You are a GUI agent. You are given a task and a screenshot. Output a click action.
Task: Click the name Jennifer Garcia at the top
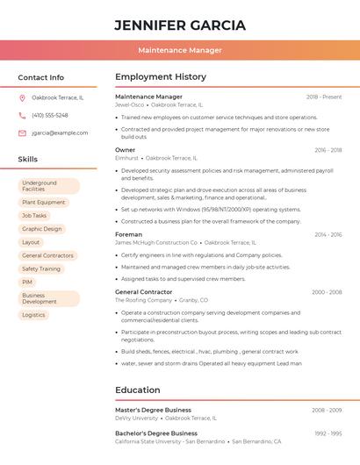180,25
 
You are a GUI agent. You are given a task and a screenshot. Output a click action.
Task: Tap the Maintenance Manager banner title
180,50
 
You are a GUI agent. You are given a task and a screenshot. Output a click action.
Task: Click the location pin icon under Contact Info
22,97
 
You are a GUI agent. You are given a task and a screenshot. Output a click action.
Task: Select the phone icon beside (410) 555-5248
22,115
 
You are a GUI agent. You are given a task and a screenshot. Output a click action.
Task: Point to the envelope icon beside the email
22,133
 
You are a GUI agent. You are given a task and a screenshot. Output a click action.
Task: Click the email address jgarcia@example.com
60,133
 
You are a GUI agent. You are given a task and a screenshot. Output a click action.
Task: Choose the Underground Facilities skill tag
48,186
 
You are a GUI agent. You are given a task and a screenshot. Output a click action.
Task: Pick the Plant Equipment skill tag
44,203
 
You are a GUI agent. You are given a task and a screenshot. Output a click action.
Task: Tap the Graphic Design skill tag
42,229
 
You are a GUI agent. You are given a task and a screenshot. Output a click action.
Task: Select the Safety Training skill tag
41,268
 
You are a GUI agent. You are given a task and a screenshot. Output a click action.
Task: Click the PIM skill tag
27,282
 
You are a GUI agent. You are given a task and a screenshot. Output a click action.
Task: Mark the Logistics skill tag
33,315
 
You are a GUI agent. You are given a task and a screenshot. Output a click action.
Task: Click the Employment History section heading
161,77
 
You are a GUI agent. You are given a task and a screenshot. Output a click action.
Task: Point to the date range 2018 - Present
324,97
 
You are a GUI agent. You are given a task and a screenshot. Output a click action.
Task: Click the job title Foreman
128,234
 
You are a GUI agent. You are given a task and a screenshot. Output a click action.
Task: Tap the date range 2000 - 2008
327,292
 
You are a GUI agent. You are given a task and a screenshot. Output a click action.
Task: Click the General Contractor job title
143,292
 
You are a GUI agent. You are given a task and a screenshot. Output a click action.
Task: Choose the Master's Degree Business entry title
153,410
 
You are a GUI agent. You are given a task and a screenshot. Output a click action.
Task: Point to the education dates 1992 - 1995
328,433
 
